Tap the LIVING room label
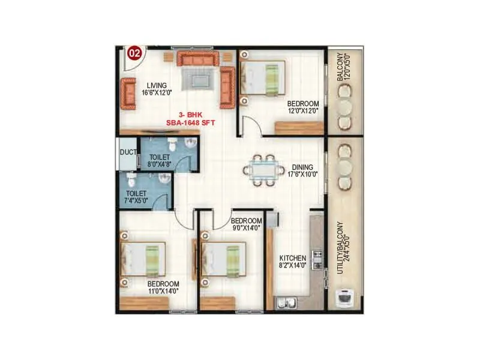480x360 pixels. pos(157,89)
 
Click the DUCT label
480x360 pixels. pos(127,152)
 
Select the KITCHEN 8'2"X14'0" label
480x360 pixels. pos(293,263)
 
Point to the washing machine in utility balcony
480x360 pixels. pos(344,298)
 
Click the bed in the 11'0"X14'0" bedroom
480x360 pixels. pos(144,259)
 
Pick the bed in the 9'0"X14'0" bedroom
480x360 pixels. pos(224,259)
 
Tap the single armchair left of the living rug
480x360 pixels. pos(130,93)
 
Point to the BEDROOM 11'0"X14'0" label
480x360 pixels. pos(163,287)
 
